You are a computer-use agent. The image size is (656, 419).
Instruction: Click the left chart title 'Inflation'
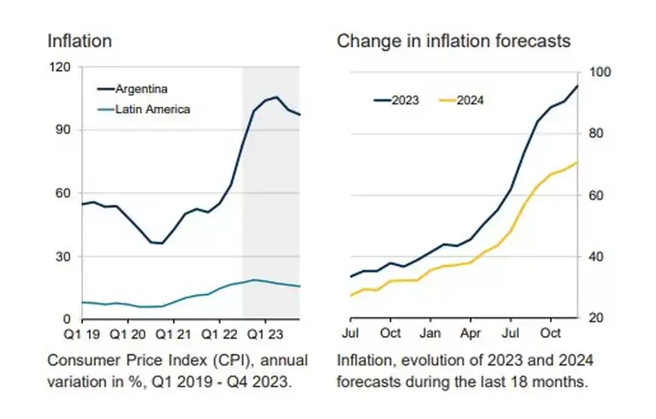point(80,40)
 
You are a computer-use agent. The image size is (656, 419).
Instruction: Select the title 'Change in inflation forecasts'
point(453,40)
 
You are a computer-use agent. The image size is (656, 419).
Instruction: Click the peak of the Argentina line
point(275,97)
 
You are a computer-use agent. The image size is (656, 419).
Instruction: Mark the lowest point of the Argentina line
point(161,244)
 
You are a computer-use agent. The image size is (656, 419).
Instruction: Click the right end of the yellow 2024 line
point(577,162)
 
